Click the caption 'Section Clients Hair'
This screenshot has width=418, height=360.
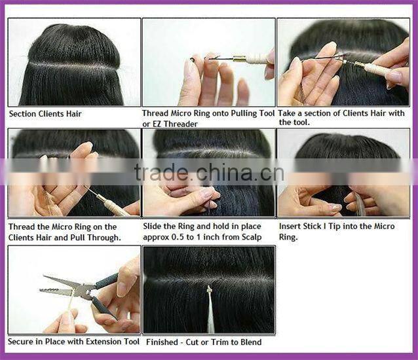pos(45,114)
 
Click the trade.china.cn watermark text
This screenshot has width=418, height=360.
pos(208,173)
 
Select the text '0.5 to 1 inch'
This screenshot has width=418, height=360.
pos(191,237)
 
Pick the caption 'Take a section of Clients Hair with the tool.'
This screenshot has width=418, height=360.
pos(342,118)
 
